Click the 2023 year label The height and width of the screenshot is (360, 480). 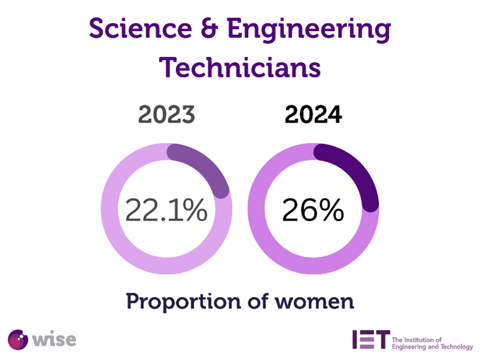coord(167,114)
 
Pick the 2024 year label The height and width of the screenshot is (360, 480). coord(313,114)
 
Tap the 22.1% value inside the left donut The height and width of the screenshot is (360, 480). coord(166,210)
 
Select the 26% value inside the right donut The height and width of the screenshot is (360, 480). coord(313,210)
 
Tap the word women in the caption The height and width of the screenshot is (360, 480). coord(316,301)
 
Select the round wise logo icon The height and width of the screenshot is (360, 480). coord(17,339)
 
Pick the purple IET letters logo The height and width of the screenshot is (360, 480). coord(371,338)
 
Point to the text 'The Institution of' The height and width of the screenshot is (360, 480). coord(416,339)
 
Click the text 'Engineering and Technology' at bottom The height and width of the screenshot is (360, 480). coord(431,347)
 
